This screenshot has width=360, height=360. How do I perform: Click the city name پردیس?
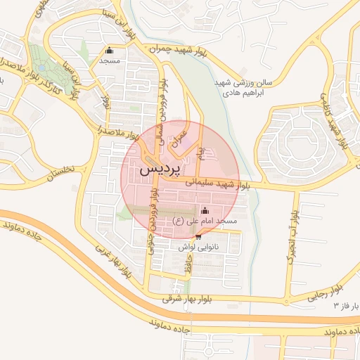[161, 169]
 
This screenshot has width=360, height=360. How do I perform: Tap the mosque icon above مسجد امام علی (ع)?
[205, 210]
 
